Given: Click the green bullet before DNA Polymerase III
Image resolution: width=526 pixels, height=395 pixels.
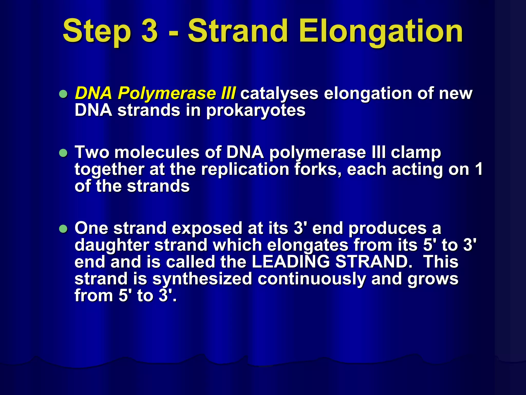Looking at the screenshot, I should [63, 94].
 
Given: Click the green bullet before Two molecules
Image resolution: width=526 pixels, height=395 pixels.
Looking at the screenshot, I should [63, 153].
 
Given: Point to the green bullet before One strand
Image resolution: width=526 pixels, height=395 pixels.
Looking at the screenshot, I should [63, 229].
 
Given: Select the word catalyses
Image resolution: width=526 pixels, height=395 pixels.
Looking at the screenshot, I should [279, 94].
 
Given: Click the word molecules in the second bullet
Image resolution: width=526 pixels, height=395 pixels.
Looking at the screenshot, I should [157, 152].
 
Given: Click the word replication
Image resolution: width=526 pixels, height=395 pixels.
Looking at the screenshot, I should [245, 170].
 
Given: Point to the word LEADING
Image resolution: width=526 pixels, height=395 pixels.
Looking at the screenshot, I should [290, 262].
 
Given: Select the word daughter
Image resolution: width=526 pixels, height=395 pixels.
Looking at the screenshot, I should [112, 245].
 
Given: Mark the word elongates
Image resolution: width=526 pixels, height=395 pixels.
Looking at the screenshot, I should [307, 245].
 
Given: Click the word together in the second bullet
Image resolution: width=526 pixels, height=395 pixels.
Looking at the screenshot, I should [109, 170].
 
